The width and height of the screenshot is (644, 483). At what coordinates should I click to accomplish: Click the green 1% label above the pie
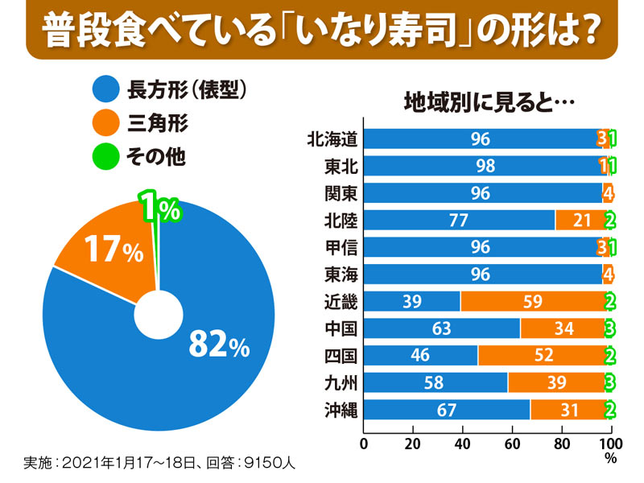pyautogui.click(x=159, y=209)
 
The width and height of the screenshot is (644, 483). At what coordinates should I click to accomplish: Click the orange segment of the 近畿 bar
pyautogui.click(x=531, y=301)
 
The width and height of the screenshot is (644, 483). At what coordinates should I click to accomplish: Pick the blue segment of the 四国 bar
pyautogui.click(x=420, y=355)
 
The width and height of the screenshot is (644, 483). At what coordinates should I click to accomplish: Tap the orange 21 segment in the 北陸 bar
pyautogui.click(x=579, y=221)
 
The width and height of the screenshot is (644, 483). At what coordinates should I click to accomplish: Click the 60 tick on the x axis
pyautogui.click(x=513, y=444)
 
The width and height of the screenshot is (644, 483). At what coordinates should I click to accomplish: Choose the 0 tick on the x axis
pyautogui.click(x=365, y=444)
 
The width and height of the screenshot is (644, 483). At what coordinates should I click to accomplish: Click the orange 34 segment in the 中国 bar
pyautogui.click(x=562, y=328)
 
